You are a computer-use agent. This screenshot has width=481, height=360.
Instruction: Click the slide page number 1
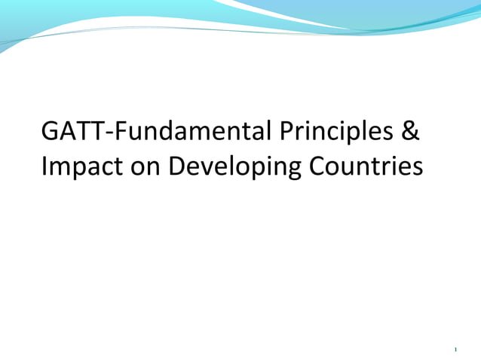pyautogui.click(x=456, y=349)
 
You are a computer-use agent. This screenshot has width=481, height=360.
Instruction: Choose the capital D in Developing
pyautogui.click(x=176, y=165)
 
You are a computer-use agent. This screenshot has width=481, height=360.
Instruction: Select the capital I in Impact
pyautogui.click(x=44, y=165)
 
